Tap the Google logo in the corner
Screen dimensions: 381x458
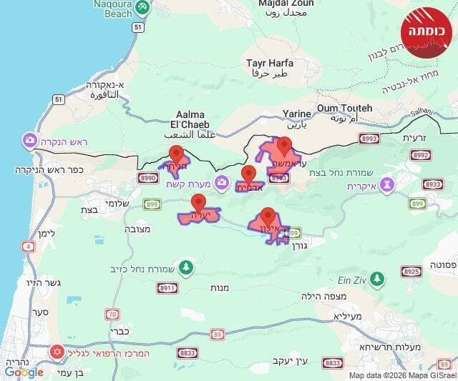[24, 372]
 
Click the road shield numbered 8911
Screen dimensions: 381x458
[167, 287]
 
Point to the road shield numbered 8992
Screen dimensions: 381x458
[422, 154]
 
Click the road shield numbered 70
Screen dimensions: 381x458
[112, 314]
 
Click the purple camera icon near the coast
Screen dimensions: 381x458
[30, 139]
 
